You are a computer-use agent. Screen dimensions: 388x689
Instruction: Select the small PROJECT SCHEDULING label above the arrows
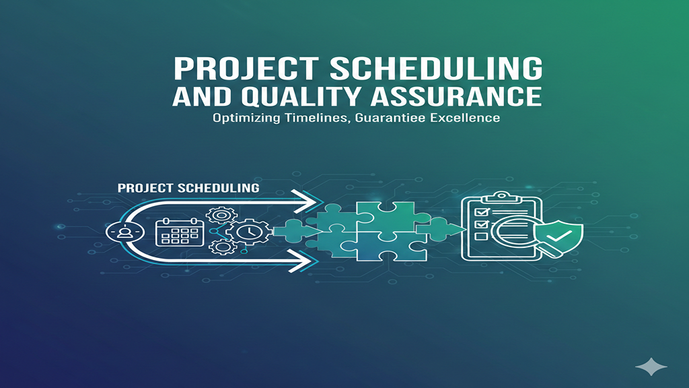(x=188, y=188)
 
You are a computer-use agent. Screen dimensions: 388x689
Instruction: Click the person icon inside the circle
(x=124, y=232)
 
